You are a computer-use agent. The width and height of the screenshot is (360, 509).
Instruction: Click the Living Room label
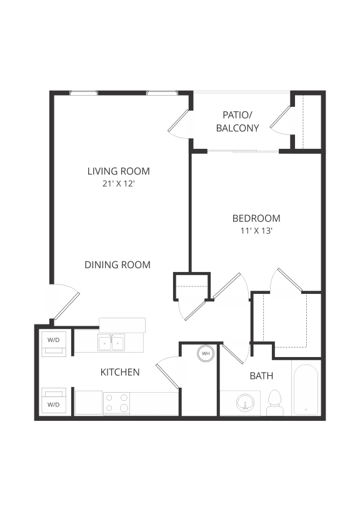tap(118, 171)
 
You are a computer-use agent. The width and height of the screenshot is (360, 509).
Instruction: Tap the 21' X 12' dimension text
tap(118, 184)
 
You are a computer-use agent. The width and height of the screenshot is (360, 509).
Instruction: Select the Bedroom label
tap(256, 218)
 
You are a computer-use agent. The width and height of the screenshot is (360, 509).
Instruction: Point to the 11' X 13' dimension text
tap(256, 231)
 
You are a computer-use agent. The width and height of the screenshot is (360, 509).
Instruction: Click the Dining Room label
tap(117, 265)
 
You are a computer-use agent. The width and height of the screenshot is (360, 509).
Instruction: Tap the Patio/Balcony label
tap(237, 121)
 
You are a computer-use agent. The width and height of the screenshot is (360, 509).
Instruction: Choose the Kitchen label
tap(120, 372)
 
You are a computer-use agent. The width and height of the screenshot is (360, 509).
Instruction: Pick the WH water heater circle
tap(205, 354)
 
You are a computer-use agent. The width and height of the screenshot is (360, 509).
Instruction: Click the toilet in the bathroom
tap(274, 403)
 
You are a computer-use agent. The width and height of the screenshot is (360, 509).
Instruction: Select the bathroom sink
tap(246, 403)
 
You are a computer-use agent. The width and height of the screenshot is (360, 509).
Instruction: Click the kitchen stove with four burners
tap(116, 403)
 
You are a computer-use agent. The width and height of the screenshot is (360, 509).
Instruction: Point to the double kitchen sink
tap(111, 343)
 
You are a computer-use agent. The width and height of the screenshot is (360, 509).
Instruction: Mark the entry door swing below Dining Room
tap(66, 304)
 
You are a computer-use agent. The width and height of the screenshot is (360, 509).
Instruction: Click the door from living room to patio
tap(179, 123)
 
